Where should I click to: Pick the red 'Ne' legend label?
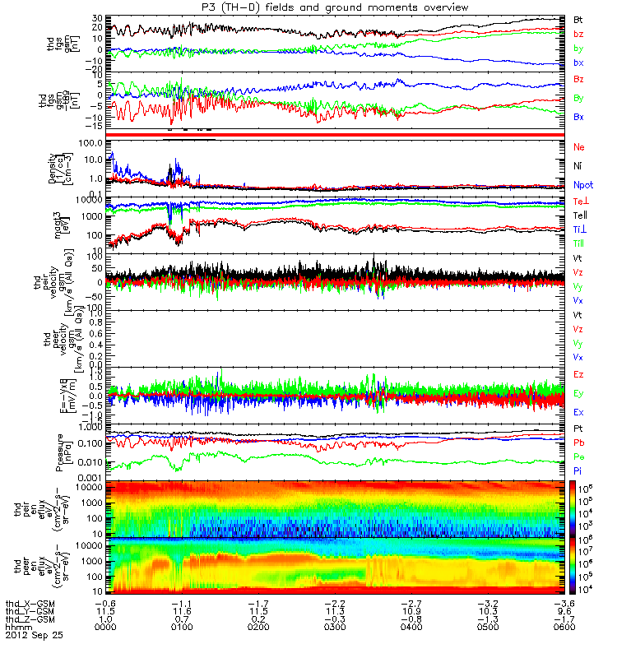click(579, 147)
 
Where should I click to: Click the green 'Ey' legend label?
click(579, 393)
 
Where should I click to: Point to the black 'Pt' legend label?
click(578, 429)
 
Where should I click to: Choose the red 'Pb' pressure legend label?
click(578, 443)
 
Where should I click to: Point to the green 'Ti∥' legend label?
click(579, 243)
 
